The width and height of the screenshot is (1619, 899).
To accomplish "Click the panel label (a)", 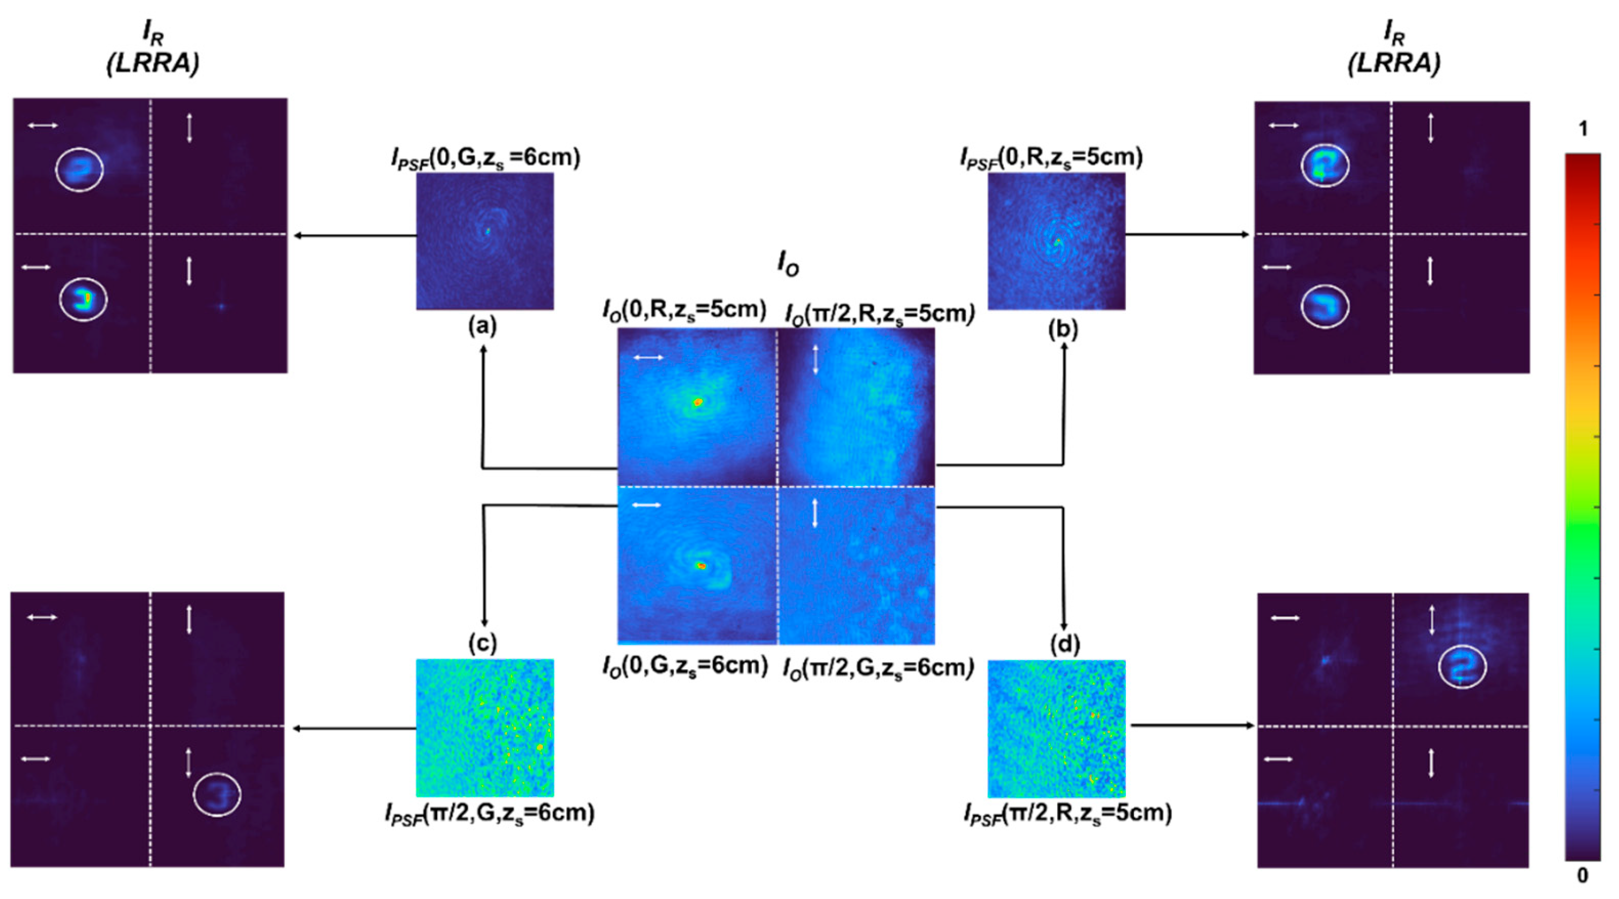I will (482, 326).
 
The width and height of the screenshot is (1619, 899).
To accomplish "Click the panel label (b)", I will (1063, 329).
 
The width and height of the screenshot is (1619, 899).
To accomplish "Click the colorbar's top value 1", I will (1583, 130).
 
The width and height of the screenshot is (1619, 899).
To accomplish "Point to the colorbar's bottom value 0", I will (1583, 875).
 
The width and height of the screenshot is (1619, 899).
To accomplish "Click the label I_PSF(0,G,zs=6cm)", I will (485, 158).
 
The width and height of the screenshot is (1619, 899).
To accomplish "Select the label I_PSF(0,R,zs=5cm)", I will (1051, 157).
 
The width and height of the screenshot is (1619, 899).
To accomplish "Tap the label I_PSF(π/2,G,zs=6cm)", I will (489, 814).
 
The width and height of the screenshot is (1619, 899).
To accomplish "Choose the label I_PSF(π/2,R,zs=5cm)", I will (1067, 814).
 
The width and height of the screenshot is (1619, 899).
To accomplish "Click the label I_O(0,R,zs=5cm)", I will (684, 310).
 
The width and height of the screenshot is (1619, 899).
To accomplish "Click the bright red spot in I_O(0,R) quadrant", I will (697, 402).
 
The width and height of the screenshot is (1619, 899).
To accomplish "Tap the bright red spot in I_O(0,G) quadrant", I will (701, 566).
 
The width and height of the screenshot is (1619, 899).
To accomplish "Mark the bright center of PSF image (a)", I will (486, 231).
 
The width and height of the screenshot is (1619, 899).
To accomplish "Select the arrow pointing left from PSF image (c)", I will (355, 729).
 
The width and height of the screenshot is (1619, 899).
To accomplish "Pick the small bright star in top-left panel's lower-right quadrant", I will (220, 306).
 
